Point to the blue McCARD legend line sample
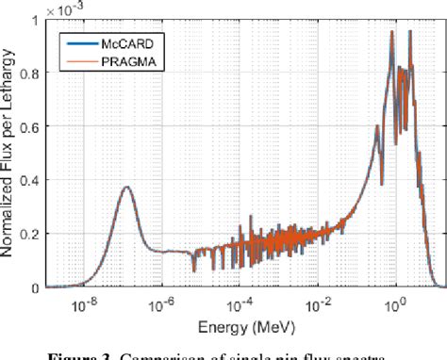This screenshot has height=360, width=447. tap(74, 41)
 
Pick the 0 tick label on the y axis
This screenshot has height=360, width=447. tap(36, 287)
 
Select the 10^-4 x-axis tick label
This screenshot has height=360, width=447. tap(240, 303)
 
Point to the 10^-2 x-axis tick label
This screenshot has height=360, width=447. tap(319, 303)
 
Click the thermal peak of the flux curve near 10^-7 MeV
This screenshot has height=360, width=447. tap(125, 187)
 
